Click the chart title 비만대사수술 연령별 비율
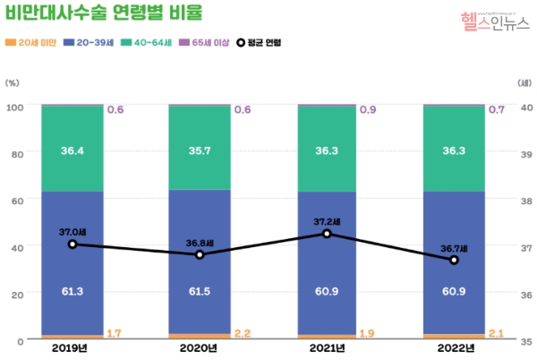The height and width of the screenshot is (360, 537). pyautogui.click(x=103, y=13)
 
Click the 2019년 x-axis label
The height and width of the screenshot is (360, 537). pyautogui.click(x=72, y=348)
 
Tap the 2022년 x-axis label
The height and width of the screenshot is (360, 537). pyautogui.click(x=454, y=348)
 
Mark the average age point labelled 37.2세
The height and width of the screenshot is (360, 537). pyautogui.click(x=327, y=234)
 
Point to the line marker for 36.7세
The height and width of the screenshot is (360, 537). pyautogui.click(x=454, y=260)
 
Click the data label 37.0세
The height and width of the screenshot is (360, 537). pyautogui.click(x=72, y=232)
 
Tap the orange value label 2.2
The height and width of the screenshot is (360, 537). pyautogui.click(x=242, y=334)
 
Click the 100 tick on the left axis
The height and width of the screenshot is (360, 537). pyautogui.click(x=14, y=107)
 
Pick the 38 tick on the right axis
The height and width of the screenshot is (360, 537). pyautogui.click(x=526, y=201)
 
